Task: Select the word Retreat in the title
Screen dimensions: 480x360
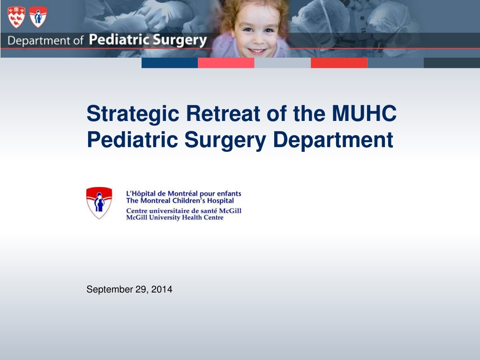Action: click(x=223, y=113)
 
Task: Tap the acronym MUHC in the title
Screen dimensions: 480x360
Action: click(x=364, y=113)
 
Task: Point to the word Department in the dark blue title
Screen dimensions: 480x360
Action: click(x=333, y=140)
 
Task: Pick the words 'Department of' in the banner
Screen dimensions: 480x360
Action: click(x=45, y=40)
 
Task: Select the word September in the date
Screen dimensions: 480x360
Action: click(x=110, y=290)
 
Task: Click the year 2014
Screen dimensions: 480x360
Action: click(x=162, y=289)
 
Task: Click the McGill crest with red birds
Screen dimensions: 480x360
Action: click(x=16, y=17)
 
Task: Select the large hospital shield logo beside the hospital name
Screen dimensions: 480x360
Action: click(x=99, y=202)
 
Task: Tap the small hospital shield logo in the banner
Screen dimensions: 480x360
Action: click(x=38, y=17)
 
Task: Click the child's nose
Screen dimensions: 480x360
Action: click(x=257, y=39)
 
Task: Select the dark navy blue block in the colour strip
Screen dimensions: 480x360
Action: click(x=170, y=63)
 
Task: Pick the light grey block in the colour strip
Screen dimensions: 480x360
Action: click(x=283, y=63)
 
